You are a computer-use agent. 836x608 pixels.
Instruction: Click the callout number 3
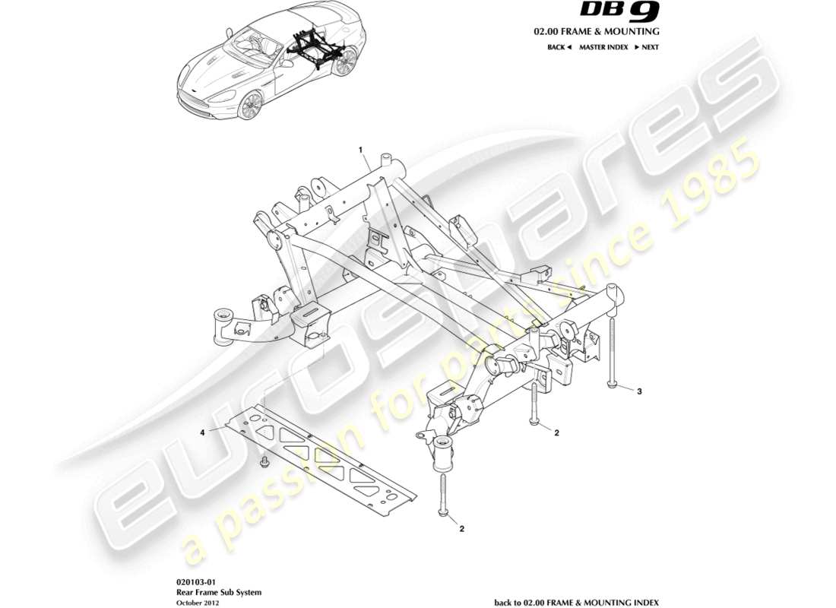(639, 392)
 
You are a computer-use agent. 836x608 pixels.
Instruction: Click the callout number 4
(203, 432)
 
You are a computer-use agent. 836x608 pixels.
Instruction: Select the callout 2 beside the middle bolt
(556, 433)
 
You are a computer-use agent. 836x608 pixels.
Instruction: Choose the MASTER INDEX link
(603, 47)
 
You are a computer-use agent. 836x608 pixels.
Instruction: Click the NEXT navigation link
(646, 47)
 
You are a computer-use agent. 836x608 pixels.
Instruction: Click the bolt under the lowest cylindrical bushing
(444, 495)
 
